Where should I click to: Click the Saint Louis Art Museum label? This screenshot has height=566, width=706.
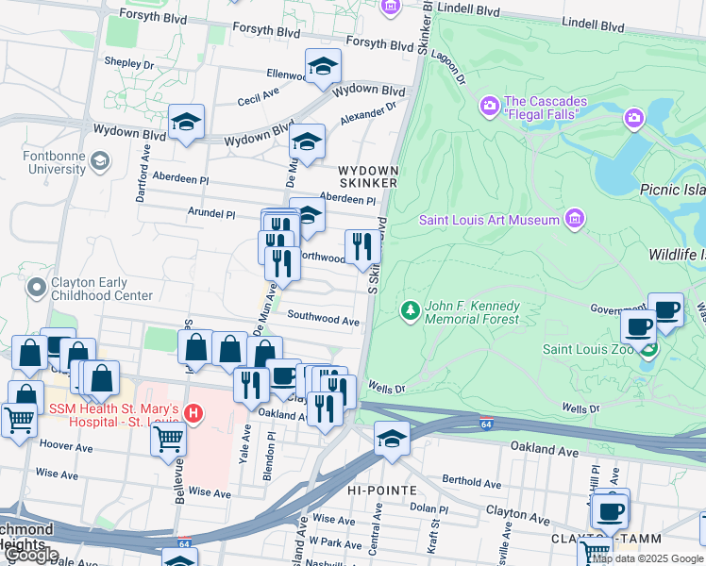490,220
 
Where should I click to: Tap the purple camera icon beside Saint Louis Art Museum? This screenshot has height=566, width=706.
574,220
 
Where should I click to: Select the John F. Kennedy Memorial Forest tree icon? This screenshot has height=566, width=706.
410,310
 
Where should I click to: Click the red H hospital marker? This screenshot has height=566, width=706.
193,413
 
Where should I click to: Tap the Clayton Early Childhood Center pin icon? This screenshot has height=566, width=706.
37,286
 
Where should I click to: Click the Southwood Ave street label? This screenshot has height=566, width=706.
323,321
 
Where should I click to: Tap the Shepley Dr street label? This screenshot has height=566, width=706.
129,64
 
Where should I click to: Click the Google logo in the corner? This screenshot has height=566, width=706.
31,555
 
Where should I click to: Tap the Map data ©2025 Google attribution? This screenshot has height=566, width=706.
647,558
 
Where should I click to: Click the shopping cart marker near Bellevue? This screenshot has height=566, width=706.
168,437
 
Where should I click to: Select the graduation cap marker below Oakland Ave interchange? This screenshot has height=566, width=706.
392,438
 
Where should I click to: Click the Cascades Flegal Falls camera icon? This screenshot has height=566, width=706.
490,104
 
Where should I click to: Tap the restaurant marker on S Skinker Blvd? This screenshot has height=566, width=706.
363,246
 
